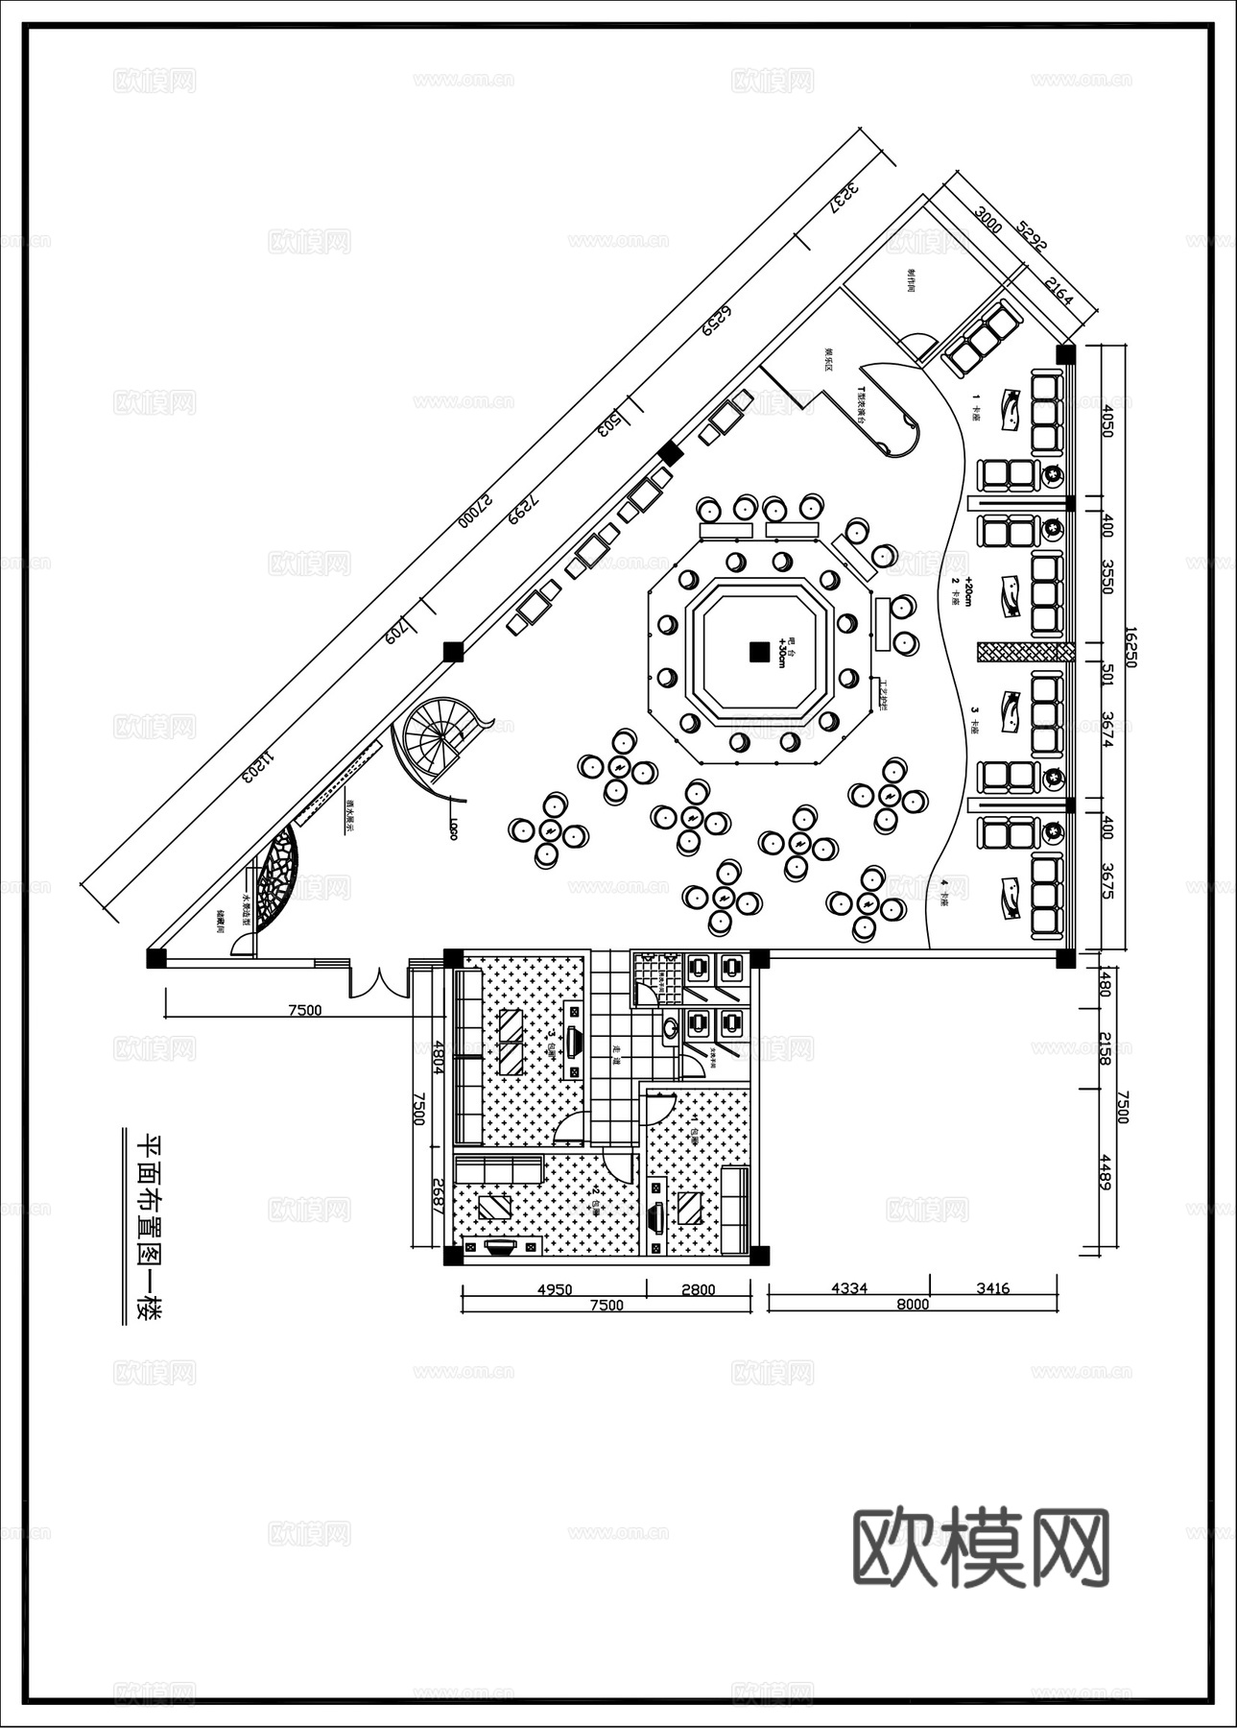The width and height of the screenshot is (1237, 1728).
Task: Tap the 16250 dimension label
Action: point(1130,648)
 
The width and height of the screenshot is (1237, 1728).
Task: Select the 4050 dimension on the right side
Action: point(1106,420)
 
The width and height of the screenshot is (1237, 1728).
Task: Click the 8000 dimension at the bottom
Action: point(913,1304)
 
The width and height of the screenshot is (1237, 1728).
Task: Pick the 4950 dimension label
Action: point(554,1289)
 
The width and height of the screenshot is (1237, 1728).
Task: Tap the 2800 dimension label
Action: point(698,1289)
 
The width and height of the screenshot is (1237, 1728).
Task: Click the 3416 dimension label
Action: point(992,1288)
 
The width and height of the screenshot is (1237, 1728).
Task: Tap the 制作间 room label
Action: point(910,281)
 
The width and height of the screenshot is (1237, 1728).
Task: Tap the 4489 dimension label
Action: point(1106,1172)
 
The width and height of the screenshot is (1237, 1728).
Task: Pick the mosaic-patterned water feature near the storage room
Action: point(278,877)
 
